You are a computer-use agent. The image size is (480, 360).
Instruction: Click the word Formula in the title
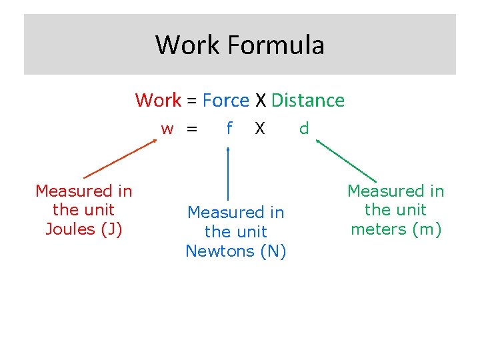tap(275, 45)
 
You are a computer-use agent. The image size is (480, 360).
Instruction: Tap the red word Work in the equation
tap(158, 101)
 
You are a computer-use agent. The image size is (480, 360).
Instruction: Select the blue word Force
tap(225, 101)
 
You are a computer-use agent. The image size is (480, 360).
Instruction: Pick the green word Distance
tap(308, 101)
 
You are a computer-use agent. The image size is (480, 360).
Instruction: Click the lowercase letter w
tap(167, 129)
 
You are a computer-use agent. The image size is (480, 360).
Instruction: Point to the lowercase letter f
tap(229, 127)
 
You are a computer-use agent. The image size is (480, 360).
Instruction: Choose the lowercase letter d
tap(304, 128)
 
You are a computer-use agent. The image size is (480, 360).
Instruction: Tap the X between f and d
tap(260, 128)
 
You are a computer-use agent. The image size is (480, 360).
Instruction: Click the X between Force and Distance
tap(260, 101)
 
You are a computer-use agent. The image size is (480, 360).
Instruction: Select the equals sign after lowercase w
tap(192, 129)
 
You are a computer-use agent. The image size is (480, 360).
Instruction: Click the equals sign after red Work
tap(191, 101)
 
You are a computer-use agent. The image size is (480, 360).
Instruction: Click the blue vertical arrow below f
tap(229, 173)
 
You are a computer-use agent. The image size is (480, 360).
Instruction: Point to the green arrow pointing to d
tap(346, 160)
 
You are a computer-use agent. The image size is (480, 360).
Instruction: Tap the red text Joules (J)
tap(83, 229)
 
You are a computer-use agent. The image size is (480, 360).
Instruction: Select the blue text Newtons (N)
tap(236, 251)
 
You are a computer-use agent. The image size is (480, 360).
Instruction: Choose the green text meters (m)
tap(396, 229)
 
